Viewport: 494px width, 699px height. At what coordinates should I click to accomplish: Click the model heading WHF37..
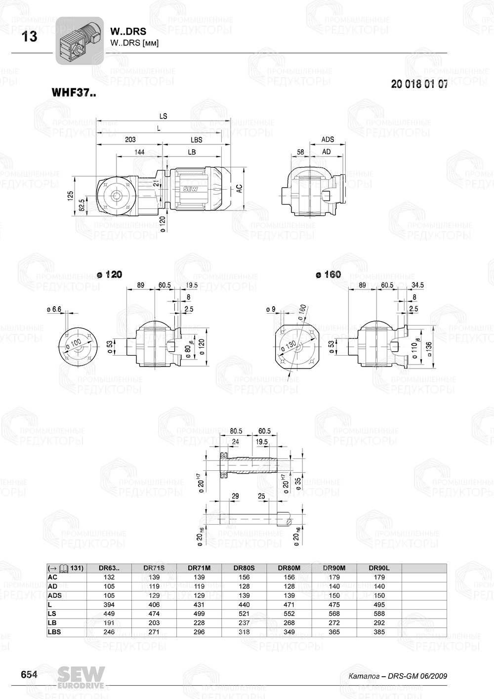tap(74, 92)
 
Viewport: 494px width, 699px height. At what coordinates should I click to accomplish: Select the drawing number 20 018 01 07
tap(419, 84)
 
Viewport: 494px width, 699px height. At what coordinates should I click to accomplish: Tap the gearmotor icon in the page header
tap(79, 41)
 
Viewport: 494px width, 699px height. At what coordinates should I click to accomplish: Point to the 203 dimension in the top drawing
tap(130, 140)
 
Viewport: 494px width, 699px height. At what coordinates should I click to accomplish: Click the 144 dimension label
tap(139, 152)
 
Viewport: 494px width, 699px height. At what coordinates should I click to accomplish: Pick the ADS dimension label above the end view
tap(328, 140)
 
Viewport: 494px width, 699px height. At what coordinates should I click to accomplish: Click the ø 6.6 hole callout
tap(53, 309)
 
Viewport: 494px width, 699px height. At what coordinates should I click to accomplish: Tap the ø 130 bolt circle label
tap(288, 346)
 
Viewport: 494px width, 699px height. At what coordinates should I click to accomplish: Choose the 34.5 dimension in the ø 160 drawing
tap(417, 285)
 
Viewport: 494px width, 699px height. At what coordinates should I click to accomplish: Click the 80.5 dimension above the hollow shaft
tap(236, 431)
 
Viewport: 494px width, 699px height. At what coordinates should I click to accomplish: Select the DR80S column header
tap(244, 568)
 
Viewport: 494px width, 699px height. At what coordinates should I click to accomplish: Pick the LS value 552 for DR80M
tap(289, 614)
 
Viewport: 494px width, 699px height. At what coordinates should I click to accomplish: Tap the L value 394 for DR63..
tap(109, 605)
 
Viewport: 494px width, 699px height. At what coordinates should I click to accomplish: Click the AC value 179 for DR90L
tap(379, 577)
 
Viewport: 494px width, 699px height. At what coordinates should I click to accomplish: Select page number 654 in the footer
tap(29, 675)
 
